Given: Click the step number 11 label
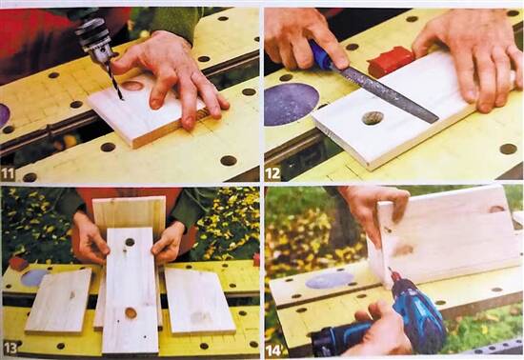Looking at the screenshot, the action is tap(8, 173).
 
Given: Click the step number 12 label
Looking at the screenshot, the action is tap(272, 173).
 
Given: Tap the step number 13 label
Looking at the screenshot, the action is tap(10, 349).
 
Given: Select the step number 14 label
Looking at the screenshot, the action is tap(273, 350).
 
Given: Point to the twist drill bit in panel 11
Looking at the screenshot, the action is tap(115, 81).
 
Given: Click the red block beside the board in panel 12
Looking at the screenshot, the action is tap(391, 60).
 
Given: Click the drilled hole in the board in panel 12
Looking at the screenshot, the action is tap(373, 118).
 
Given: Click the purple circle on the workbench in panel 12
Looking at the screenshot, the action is tap(292, 104).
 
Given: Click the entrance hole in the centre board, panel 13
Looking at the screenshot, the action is tap(130, 242).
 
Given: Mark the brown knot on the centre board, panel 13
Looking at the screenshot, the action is tap(131, 313).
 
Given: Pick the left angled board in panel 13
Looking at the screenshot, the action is tap(59, 301).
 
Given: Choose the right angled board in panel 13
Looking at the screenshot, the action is tap(199, 301).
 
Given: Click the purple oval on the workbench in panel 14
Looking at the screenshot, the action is tap(330, 280).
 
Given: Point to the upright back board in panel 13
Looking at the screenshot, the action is tap(129, 212).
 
